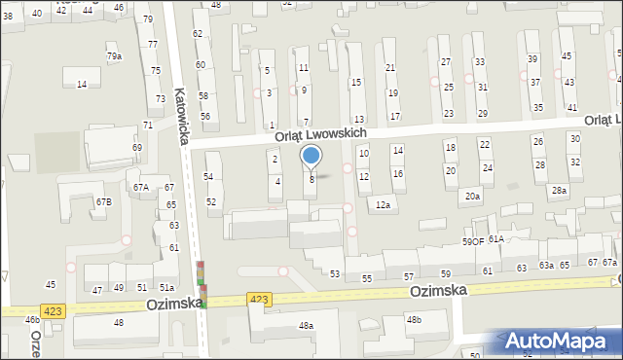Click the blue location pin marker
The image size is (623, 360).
click(311, 156)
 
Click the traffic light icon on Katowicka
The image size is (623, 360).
click(202, 285)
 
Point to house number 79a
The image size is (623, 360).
click(114, 56)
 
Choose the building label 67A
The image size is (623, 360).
click(141, 187)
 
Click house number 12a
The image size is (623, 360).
click(384, 205)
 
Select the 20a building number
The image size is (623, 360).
click(472, 197)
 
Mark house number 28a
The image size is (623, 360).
click(559, 191)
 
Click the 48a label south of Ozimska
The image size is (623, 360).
click(307, 326)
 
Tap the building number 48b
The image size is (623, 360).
click(415, 319)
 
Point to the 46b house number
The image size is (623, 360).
click(32, 319)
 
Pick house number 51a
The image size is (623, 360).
click(166, 288)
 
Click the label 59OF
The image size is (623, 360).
click(472, 240)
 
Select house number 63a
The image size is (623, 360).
click(547, 266)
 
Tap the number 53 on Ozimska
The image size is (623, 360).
click(335, 274)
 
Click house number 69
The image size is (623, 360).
click(137, 147)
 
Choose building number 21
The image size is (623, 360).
click(390, 67)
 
